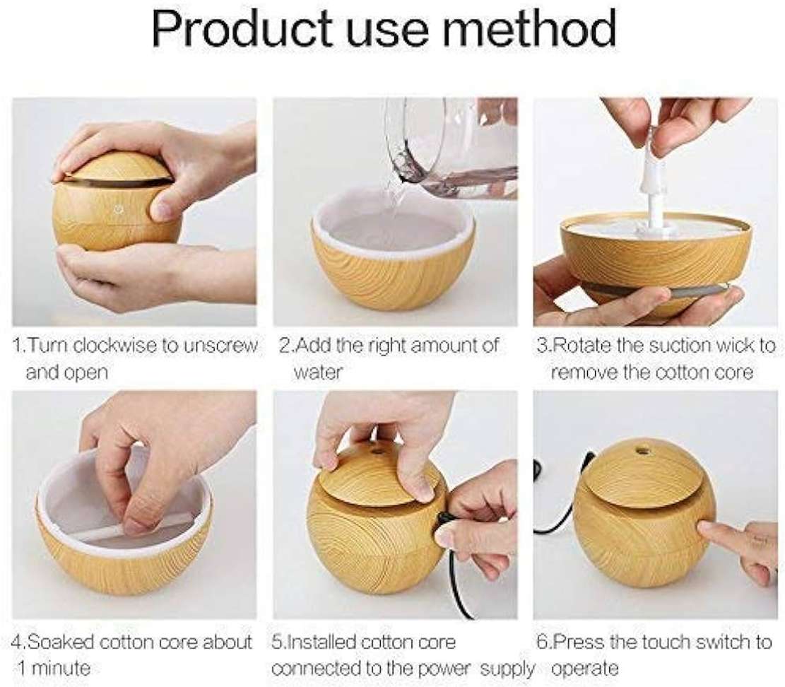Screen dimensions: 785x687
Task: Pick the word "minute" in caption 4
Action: (x=54, y=668)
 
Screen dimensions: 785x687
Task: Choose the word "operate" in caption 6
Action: (x=585, y=669)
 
